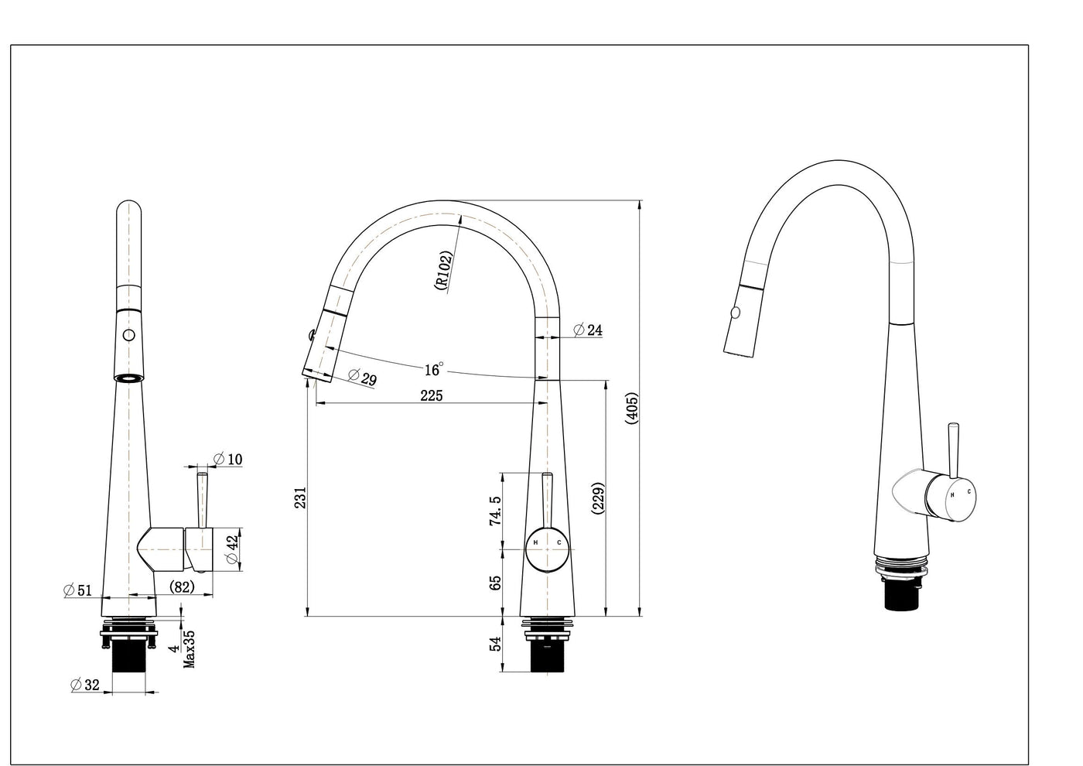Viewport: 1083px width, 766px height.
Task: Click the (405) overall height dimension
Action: click(x=633, y=409)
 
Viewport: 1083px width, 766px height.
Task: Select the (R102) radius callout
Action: click(x=444, y=270)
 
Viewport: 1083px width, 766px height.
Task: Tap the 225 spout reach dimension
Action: click(x=432, y=396)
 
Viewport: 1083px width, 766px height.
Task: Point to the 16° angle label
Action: click(x=434, y=370)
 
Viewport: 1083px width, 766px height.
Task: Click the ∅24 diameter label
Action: click(x=588, y=330)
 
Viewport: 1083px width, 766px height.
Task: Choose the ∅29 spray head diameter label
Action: click(x=363, y=378)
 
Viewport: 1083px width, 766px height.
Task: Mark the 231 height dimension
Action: click(x=300, y=498)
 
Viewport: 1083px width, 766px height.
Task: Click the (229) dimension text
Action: click(x=598, y=498)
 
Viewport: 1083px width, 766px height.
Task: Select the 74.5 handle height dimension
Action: click(x=496, y=511)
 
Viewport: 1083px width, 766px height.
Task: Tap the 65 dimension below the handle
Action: click(x=496, y=583)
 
